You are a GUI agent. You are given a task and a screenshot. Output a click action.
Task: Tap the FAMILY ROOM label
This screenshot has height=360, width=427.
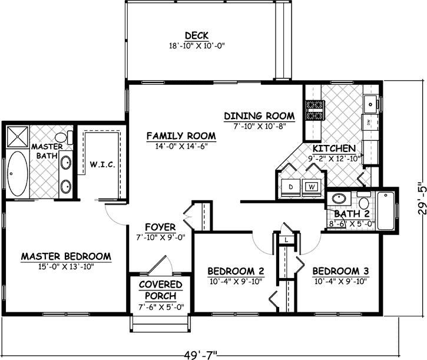[x=181, y=136]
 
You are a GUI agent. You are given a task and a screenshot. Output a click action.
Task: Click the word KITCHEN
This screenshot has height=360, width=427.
[x=334, y=148]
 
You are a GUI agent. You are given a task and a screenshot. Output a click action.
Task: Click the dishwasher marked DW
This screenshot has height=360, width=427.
[x=369, y=123]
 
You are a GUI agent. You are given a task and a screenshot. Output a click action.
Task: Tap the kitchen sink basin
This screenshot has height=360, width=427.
[x=371, y=104]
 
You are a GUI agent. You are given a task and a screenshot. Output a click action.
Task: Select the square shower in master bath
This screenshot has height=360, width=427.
[x=18, y=138]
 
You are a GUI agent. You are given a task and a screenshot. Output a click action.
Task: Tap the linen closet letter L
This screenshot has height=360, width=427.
[x=285, y=240]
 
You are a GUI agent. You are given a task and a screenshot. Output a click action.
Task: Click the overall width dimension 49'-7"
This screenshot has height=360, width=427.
[x=200, y=354]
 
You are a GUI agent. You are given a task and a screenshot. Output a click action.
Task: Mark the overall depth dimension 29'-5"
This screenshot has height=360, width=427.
[x=420, y=197]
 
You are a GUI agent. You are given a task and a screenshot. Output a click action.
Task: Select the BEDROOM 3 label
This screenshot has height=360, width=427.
[x=340, y=271]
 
